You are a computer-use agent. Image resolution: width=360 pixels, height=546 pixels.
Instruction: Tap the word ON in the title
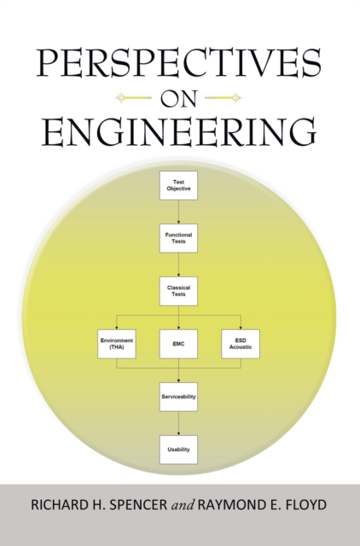(178, 97)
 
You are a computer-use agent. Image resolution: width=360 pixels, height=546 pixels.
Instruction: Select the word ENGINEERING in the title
(179, 132)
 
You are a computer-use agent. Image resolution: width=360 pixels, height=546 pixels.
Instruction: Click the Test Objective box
(178, 185)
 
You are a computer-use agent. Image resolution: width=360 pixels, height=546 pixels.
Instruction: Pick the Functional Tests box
(178, 238)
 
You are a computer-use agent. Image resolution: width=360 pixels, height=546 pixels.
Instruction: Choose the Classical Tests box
(178, 291)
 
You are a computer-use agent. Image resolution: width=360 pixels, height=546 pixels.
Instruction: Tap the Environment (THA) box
(117, 343)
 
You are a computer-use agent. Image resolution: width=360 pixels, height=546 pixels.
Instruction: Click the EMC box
(178, 343)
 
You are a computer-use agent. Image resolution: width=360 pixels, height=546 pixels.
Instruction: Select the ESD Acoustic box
(241, 343)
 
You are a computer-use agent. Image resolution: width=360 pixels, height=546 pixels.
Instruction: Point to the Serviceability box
(178, 397)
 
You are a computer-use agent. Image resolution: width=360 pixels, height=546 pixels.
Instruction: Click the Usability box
(178, 450)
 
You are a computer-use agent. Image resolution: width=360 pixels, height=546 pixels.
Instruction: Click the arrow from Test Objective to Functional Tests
(178, 212)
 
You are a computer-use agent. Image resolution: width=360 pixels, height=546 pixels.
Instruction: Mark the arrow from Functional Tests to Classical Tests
(178, 264)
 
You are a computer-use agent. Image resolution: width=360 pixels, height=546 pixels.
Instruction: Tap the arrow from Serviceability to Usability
(178, 423)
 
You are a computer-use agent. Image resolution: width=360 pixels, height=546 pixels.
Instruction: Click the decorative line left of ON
(134, 97)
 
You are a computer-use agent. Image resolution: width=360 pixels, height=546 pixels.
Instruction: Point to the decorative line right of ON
(224, 97)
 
